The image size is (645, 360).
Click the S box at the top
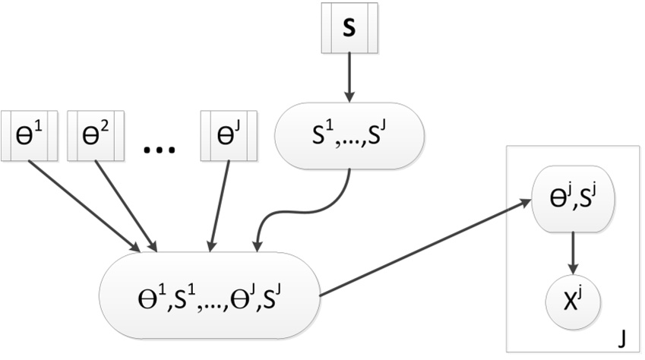point(349,34)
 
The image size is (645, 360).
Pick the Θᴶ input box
point(226,136)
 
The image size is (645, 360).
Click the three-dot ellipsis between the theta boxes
point(159,148)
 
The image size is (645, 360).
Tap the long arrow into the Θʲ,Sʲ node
point(425,247)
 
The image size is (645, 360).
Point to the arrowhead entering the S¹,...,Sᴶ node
point(349,96)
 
